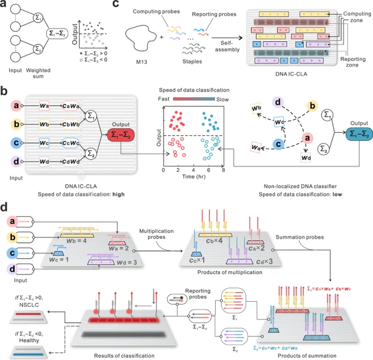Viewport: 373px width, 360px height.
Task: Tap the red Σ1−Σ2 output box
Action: [x=121, y=135]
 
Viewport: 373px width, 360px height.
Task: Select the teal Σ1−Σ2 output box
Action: [x=359, y=134]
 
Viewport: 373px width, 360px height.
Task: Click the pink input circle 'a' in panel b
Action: [x=16, y=105]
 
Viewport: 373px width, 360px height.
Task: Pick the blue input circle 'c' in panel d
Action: [x=13, y=253]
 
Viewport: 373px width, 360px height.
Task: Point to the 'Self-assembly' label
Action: [x=227, y=47]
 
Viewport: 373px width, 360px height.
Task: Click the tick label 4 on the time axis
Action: [x=193, y=170]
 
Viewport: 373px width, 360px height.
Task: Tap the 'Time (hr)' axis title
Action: [x=194, y=176]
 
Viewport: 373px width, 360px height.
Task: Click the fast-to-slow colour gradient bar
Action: [x=194, y=99]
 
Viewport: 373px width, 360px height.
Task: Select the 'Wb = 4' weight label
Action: [x=76, y=241]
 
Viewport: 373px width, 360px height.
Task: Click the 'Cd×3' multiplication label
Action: [x=264, y=261]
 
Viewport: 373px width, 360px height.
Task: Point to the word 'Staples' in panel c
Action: [x=192, y=61]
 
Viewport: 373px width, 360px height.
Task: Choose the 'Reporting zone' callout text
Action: [x=353, y=62]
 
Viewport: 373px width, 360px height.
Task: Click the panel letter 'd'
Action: [x=4, y=207]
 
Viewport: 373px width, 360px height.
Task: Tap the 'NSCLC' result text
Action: [x=29, y=305]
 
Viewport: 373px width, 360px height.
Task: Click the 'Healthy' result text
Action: [x=29, y=340]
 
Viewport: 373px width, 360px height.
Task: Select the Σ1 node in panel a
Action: [x=38, y=18]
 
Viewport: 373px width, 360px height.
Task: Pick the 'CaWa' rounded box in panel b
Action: [x=71, y=106]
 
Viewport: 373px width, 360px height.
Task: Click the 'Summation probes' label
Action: [x=299, y=237]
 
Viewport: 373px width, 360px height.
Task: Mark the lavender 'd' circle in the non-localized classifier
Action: [x=278, y=102]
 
